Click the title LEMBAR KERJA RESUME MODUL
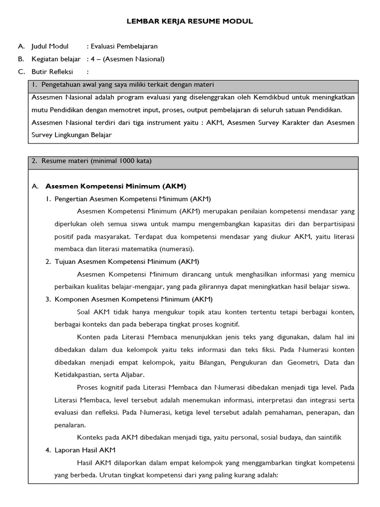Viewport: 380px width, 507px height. coord(190,21)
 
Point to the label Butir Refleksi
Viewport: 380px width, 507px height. coord(52,72)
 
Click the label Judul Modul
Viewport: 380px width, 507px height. coord(50,47)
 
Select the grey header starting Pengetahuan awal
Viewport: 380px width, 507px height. coord(193,85)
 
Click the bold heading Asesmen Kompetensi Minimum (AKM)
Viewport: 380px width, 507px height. coord(115,187)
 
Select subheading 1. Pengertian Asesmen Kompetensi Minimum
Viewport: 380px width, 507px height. coord(132,199)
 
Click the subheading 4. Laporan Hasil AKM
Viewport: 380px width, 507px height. coord(85,450)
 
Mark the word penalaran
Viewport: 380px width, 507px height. coord(70,425)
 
